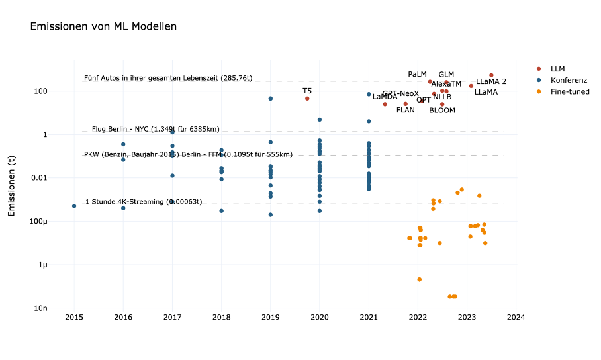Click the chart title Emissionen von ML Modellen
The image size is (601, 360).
click(x=103, y=27)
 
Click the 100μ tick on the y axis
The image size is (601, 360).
click(x=57, y=221)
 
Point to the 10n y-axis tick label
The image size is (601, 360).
click(x=60, y=308)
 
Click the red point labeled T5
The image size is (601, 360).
click(x=307, y=99)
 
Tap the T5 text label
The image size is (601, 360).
click(x=307, y=91)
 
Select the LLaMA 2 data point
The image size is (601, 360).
click(x=491, y=75)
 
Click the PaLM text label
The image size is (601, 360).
click(x=417, y=75)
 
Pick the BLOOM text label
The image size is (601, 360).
click(x=442, y=111)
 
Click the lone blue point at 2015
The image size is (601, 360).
click(x=74, y=206)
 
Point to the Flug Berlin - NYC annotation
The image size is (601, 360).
click(x=156, y=129)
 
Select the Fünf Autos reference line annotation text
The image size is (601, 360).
click(x=168, y=78)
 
